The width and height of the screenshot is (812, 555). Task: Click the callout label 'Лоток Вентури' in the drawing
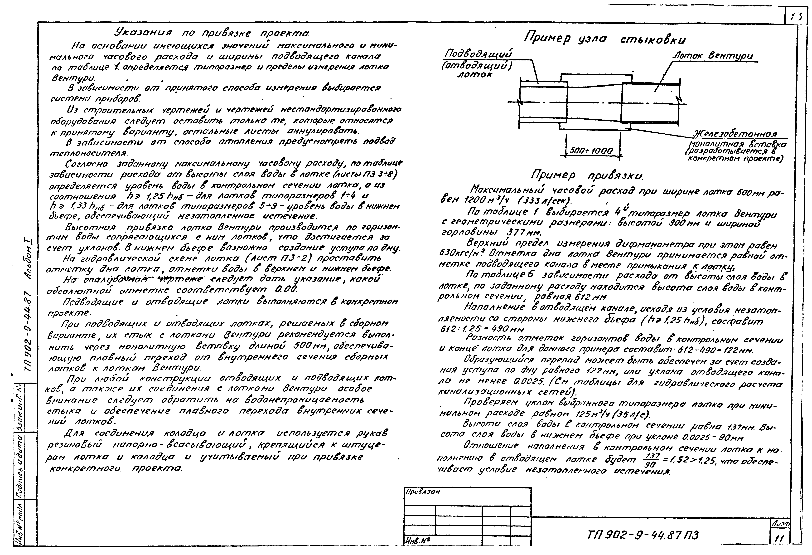[x=713, y=56]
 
